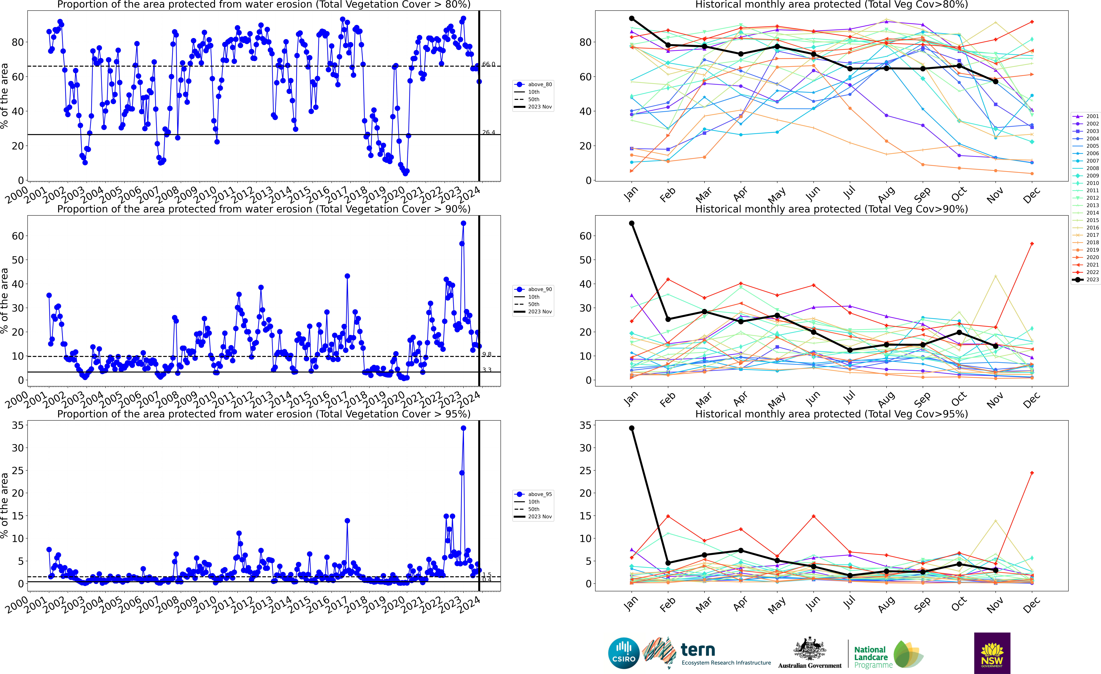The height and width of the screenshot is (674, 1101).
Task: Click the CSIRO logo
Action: [624, 653]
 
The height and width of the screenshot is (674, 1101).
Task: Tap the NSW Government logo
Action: [992, 653]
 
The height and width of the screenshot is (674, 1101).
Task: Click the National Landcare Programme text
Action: [870, 657]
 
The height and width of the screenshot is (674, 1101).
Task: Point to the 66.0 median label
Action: [488, 64]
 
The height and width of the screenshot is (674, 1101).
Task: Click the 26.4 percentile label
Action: [488, 132]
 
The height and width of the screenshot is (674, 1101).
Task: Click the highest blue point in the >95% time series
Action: [463, 428]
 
